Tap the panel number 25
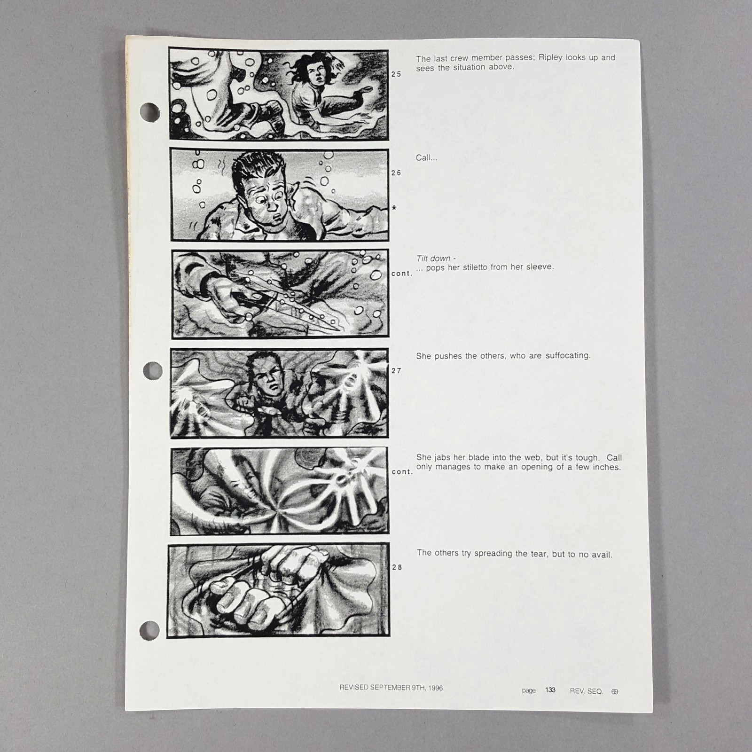click(x=396, y=74)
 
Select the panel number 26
click(x=396, y=173)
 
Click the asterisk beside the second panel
click(x=394, y=208)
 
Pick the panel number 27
click(x=396, y=371)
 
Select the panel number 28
click(x=397, y=567)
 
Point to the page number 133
click(x=550, y=690)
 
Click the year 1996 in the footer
click(x=435, y=688)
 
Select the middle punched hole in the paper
click(x=152, y=371)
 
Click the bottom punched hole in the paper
click(x=150, y=630)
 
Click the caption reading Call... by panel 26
click(x=426, y=158)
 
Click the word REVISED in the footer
click(x=354, y=688)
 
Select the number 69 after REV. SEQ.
click(x=615, y=692)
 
